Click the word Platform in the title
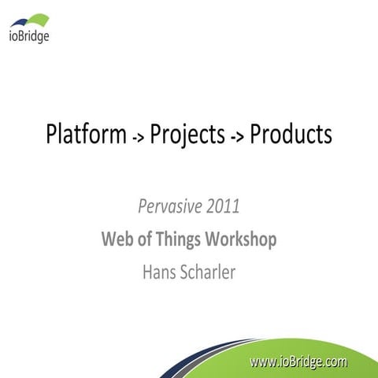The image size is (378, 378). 85,135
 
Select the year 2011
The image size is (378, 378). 221,208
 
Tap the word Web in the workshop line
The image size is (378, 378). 117,239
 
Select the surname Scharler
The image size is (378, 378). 211,272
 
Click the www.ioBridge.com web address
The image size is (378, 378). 298,361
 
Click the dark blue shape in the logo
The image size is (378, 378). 20,22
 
